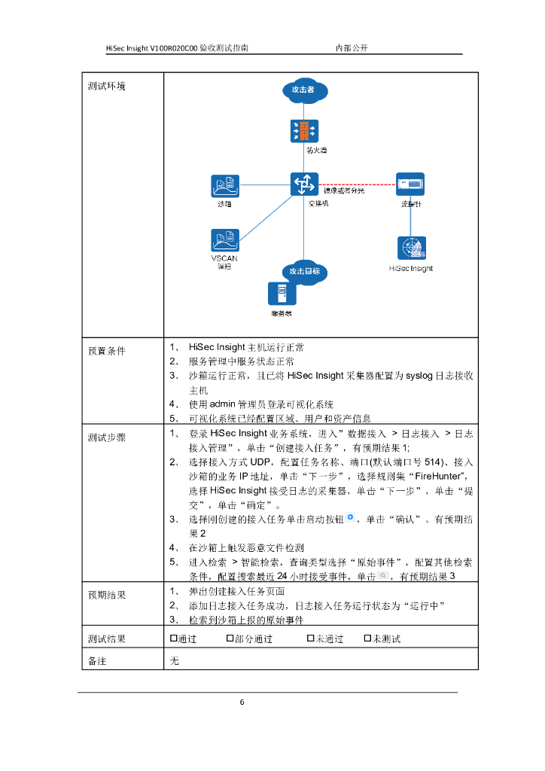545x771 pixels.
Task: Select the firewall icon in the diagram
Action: point(303,131)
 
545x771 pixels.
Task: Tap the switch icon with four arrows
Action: point(303,184)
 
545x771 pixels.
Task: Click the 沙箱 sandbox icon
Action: point(224,185)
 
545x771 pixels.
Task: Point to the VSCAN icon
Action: point(224,240)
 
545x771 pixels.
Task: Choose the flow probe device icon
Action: point(410,184)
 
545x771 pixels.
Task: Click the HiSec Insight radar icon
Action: point(411,248)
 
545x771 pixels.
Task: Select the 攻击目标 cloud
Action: point(304,271)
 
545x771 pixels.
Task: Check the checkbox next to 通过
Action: point(174,638)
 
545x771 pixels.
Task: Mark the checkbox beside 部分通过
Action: point(230,638)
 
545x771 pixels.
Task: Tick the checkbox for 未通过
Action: point(310,638)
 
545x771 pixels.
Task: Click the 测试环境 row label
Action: point(107,86)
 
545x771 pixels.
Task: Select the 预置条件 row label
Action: point(107,350)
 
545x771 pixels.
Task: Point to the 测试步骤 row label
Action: point(107,437)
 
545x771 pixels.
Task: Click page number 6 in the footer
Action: point(242,702)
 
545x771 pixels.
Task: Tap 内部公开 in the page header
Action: point(351,47)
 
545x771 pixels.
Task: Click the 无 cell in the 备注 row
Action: point(175,660)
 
